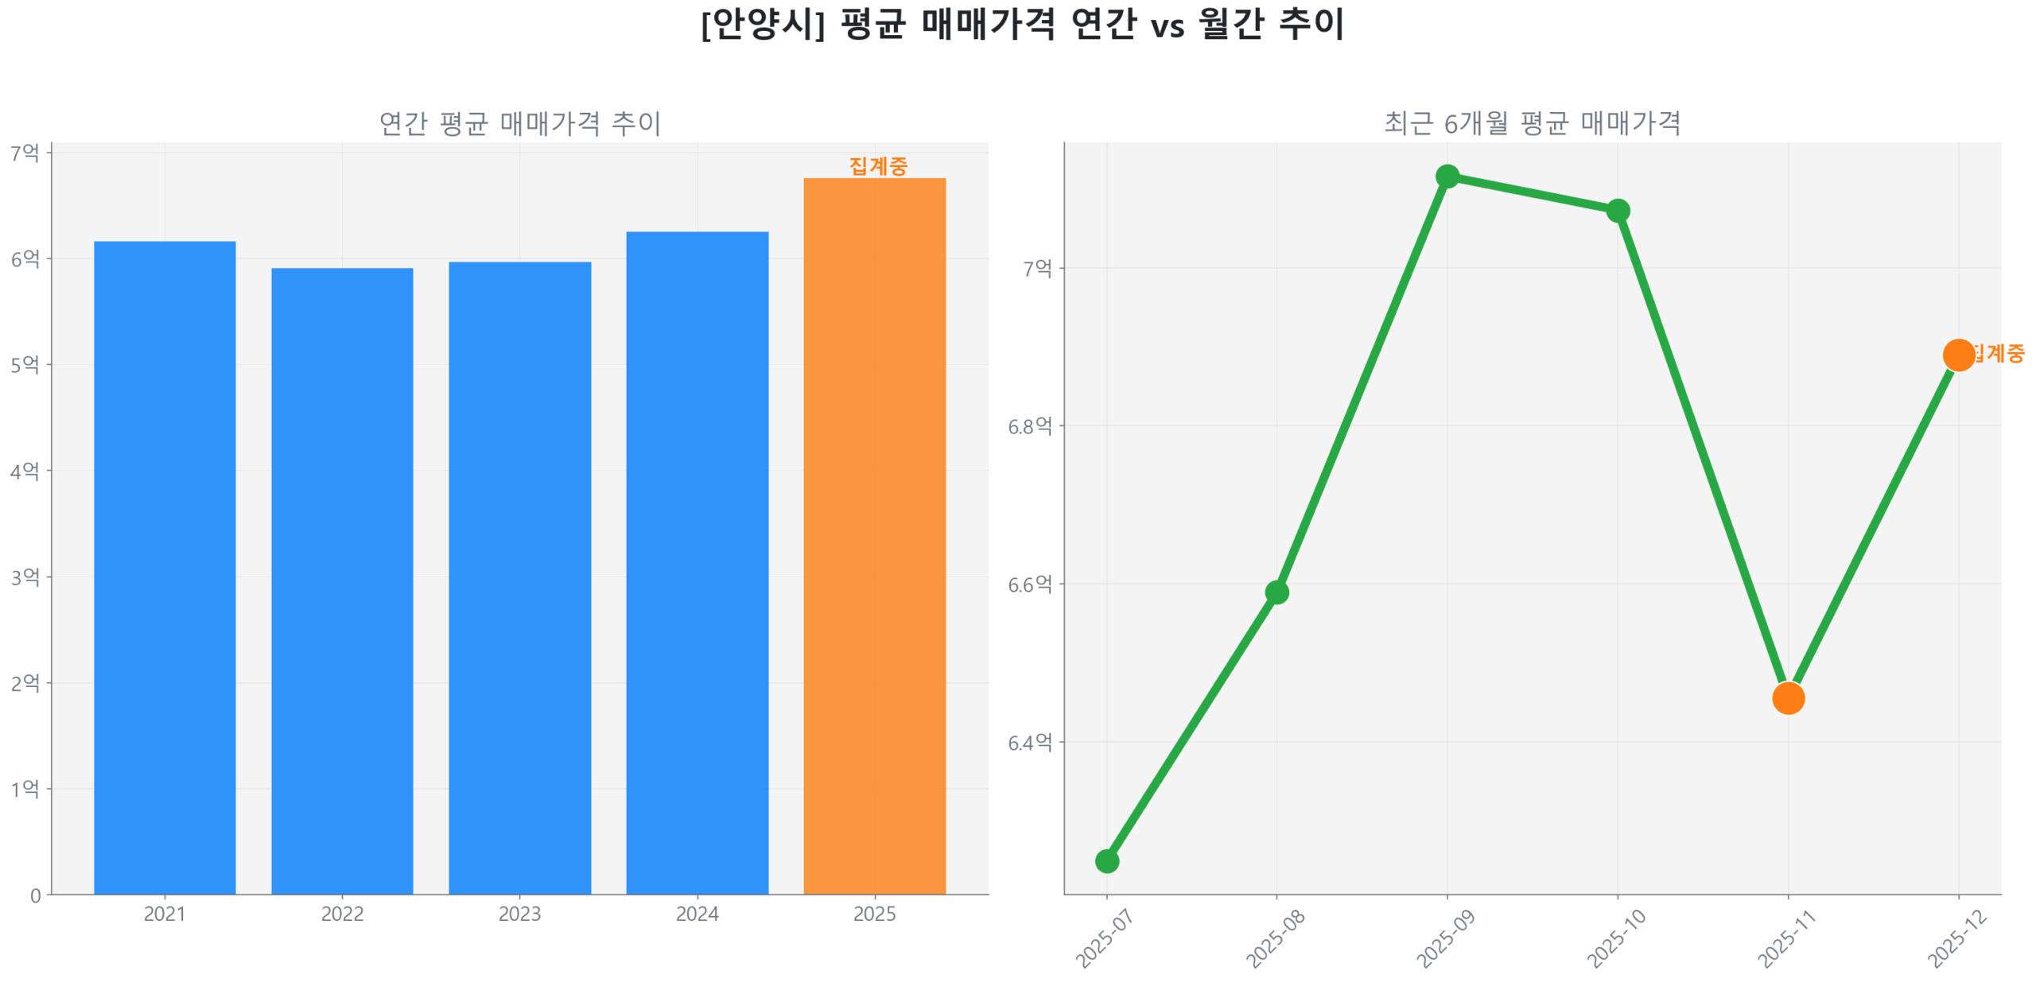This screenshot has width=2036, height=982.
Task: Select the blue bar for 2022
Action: pyautogui.click(x=342, y=580)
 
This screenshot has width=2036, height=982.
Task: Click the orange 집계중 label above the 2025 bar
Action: pyautogui.click(x=877, y=165)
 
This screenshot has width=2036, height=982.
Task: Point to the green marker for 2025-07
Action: pyautogui.click(x=1106, y=860)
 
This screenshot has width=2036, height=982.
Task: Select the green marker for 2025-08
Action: pyautogui.click(x=1276, y=592)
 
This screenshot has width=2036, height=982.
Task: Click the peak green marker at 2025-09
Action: pyautogui.click(x=1447, y=176)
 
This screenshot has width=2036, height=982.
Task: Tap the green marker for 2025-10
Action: pyautogui.click(x=1618, y=211)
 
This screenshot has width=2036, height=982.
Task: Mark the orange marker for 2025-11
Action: pyautogui.click(x=1788, y=698)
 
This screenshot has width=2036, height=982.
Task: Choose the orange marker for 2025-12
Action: pyautogui.click(x=1958, y=355)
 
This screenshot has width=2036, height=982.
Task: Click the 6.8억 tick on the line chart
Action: pyautogui.click(x=1029, y=426)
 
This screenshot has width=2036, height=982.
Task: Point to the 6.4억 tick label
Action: pyautogui.click(x=1029, y=742)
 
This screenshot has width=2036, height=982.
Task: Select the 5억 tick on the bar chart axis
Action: pyautogui.click(x=25, y=364)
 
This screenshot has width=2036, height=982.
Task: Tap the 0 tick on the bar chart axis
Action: pyautogui.click(x=35, y=895)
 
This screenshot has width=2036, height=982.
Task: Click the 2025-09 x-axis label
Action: pyautogui.click(x=1445, y=938)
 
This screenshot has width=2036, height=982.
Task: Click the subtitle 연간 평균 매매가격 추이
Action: pyautogui.click(x=519, y=123)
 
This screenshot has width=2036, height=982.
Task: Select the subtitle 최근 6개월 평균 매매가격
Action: pyautogui.click(x=1532, y=123)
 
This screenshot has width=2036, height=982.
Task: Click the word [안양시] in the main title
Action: pyautogui.click(x=762, y=24)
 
